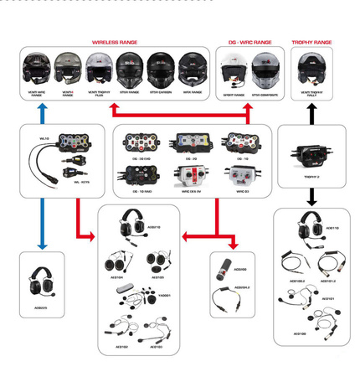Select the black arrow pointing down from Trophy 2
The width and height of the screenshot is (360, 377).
tap(311, 198)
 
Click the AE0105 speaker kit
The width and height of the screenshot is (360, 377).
tap(157, 262)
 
